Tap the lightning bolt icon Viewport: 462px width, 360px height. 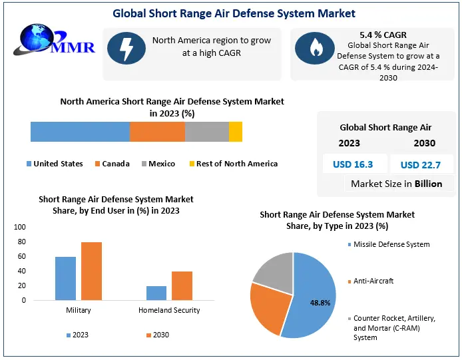[x=126, y=47]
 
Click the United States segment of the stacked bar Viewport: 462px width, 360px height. [x=80, y=132]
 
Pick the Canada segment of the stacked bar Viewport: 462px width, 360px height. [x=157, y=132]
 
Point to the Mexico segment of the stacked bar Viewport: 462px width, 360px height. [x=206, y=132]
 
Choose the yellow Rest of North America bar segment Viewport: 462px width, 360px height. [x=236, y=132]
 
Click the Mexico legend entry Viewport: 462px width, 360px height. [x=158, y=164]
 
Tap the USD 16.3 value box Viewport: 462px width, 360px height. [x=353, y=164]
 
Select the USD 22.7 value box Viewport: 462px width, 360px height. [x=422, y=164]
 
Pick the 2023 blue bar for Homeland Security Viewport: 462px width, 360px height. [x=156, y=293]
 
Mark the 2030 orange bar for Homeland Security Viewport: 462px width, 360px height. [x=182, y=285]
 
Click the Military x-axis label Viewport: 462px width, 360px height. [x=79, y=310]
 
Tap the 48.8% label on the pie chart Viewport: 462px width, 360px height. [x=320, y=302]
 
